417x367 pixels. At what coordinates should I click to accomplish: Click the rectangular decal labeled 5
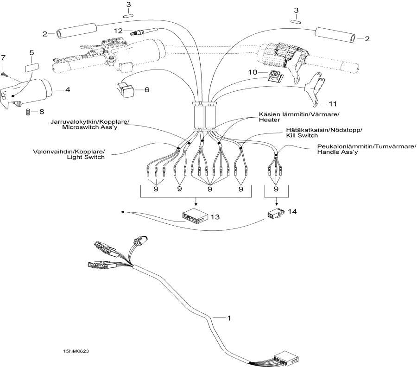(32, 66)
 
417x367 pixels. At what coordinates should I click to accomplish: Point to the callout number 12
(118, 31)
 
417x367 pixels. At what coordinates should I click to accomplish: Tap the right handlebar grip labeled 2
(336, 34)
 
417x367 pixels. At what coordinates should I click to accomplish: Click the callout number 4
(68, 89)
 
